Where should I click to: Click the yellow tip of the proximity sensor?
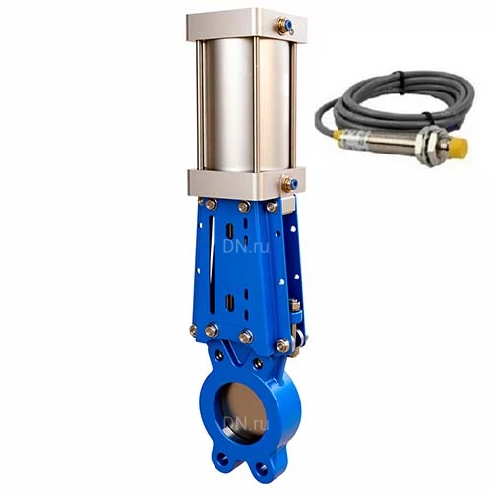tap(458, 149)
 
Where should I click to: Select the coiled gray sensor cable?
tap(395, 100)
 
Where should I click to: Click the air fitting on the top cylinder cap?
tap(284, 25)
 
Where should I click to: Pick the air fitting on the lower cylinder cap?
tap(290, 183)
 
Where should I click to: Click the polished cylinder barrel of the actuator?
tap(247, 105)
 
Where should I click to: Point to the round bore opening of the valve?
tap(240, 414)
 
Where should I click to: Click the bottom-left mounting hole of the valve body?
tap(223, 460)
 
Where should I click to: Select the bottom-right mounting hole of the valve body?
tap(262, 469)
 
